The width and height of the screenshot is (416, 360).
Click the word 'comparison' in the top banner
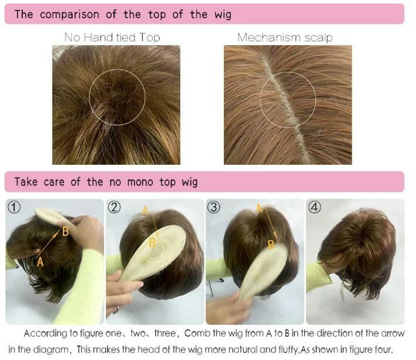coord(70,15)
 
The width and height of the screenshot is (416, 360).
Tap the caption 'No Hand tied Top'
coord(112,37)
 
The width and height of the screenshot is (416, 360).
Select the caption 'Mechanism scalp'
coord(285,37)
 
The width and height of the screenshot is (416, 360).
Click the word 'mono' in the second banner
coord(140,182)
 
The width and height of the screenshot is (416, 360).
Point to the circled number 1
coord(14,207)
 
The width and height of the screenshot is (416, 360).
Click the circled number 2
coord(114,207)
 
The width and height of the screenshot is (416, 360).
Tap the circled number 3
coord(214,207)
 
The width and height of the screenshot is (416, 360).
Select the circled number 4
coord(315,207)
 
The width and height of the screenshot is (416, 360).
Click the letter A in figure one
coord(40,262)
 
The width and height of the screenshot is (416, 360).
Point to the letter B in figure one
coord(66,231)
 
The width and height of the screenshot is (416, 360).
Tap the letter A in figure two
coord(145,211)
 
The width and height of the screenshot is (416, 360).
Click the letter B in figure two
coord(152,243)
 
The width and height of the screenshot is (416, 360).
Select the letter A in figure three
coord(259,209)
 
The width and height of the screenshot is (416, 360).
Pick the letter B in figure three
coord(271,245)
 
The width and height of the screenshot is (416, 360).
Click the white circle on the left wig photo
coord(117,69)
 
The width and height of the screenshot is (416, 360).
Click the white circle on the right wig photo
coord(288,72)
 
